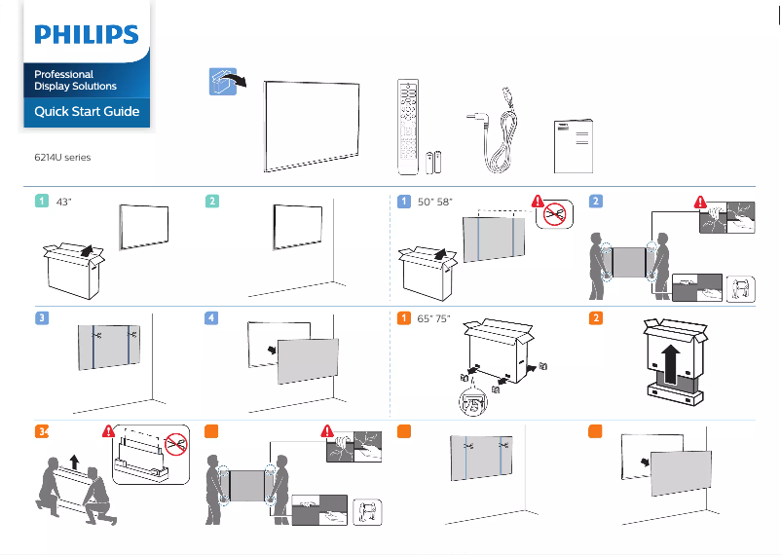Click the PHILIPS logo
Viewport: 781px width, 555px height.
coord(87,35)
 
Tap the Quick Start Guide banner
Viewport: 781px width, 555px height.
coord(87,112)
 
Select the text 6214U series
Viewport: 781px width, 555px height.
coord(62,157)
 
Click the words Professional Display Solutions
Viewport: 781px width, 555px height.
coord(75,80)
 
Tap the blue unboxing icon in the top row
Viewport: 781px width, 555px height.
coord(224,82)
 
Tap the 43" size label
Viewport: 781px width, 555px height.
coord(64,202)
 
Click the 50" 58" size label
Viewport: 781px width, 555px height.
coord(435,202)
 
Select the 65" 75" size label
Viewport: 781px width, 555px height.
coord(435,318)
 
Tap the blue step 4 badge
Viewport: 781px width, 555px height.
coord(212,318)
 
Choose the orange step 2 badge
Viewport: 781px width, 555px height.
coord(596,318)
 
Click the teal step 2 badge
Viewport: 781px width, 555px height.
coord(212,202)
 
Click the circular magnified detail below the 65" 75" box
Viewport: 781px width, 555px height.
coord(474,403)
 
